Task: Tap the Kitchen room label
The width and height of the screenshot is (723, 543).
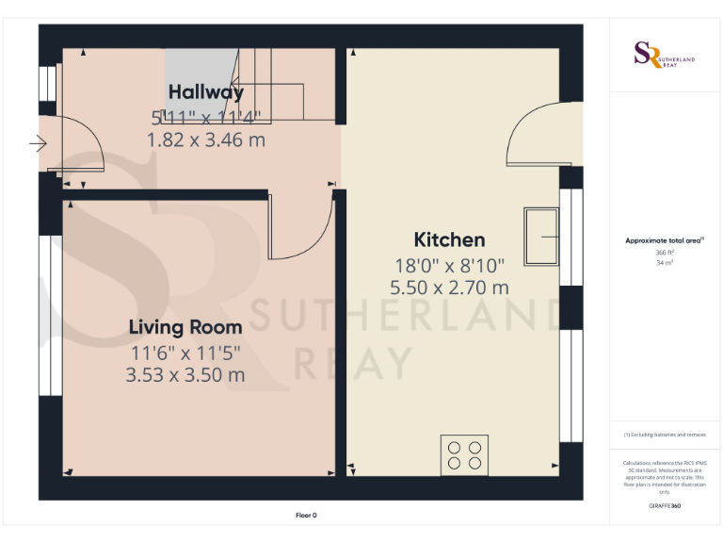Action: pos(449,239)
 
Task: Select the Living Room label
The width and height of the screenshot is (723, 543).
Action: pos(185,327)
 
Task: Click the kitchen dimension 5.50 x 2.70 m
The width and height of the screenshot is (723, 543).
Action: pos(449,287)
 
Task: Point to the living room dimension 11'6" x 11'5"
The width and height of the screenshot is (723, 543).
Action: pos(185,353)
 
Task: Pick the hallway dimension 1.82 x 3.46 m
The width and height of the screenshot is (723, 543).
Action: pos(205,140)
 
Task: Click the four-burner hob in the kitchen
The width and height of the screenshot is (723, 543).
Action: pos(465,455)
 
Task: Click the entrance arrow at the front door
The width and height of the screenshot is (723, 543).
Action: pos(38,144)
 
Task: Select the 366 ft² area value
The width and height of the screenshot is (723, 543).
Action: pos(665,253)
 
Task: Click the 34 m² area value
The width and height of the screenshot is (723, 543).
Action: pos(665,263)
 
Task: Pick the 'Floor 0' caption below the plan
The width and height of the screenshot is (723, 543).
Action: pos(307,515)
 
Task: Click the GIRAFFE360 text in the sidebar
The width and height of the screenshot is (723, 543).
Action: pos(665,506)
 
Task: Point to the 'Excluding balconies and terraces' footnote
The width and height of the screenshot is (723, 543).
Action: pos(665,435)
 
